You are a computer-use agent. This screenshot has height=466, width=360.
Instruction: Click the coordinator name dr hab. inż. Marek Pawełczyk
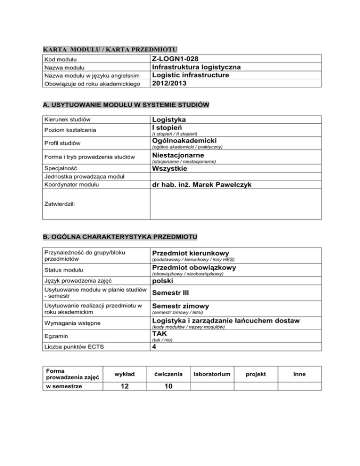[x=202, y=185]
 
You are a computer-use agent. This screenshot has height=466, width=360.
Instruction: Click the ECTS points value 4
[x=154, y=347]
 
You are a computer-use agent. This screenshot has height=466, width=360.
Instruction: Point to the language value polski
[x=162, y=281]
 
